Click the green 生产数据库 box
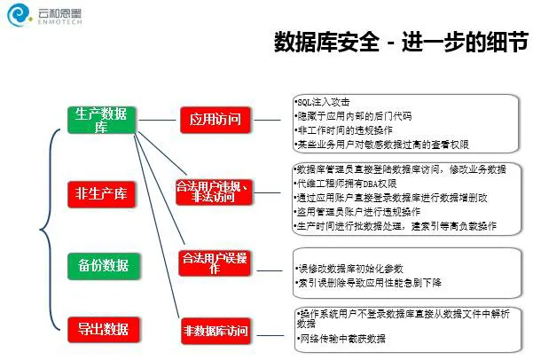tap(100, 121)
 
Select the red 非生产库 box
tap(101, 192)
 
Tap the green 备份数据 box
tap(101, 264)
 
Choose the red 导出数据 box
tap(101, 330)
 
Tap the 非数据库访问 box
tap(216, 332)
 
